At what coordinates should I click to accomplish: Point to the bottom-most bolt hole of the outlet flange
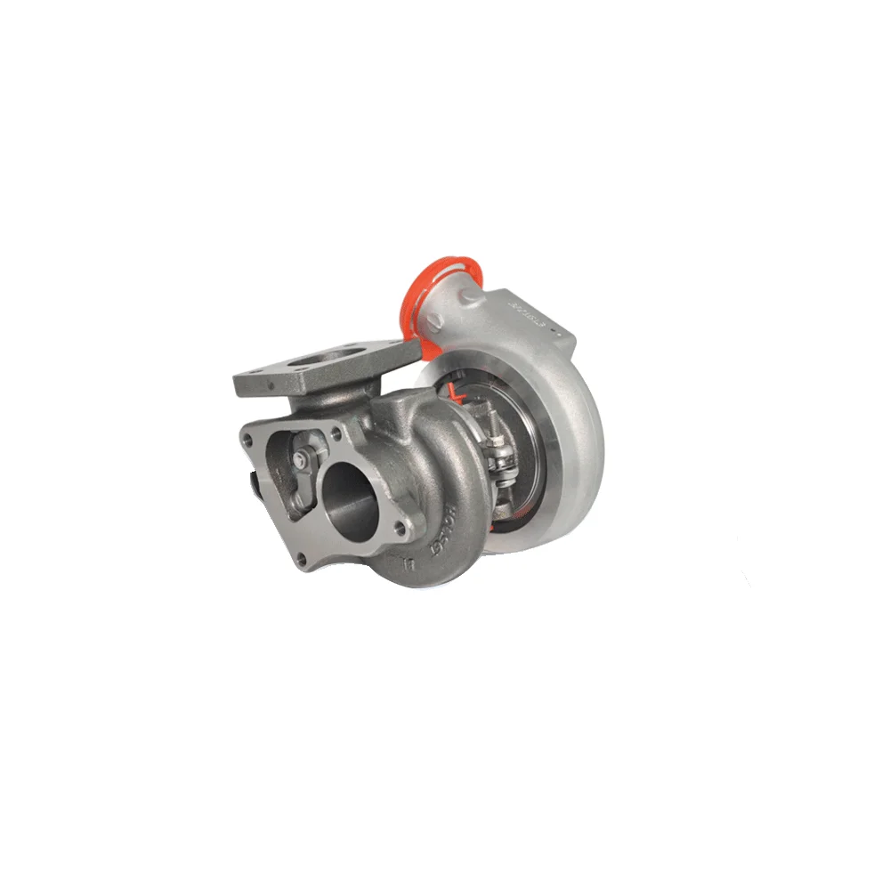pos(301,558)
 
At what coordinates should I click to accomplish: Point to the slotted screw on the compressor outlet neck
pos(557,331)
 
